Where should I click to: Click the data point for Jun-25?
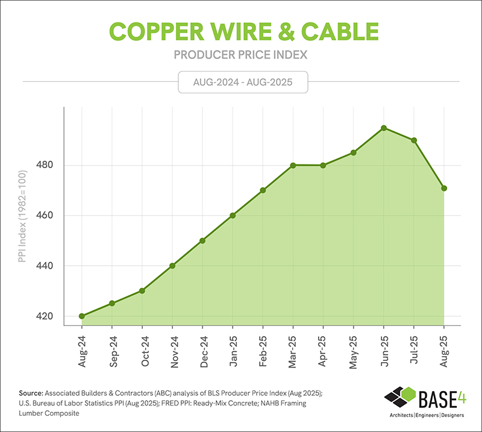tap(383, 128)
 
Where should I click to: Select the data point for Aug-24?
tap(81, 316)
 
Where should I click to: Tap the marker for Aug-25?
tap(444, 189)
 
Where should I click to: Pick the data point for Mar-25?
tap(293, 166)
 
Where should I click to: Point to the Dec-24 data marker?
tap(202, 240)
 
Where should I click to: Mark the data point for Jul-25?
tap(414, 140)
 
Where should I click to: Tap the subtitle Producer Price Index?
tap(241, 55)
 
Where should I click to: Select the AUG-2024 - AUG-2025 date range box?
tap(243, 81)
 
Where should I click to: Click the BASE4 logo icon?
tap(399, 399)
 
